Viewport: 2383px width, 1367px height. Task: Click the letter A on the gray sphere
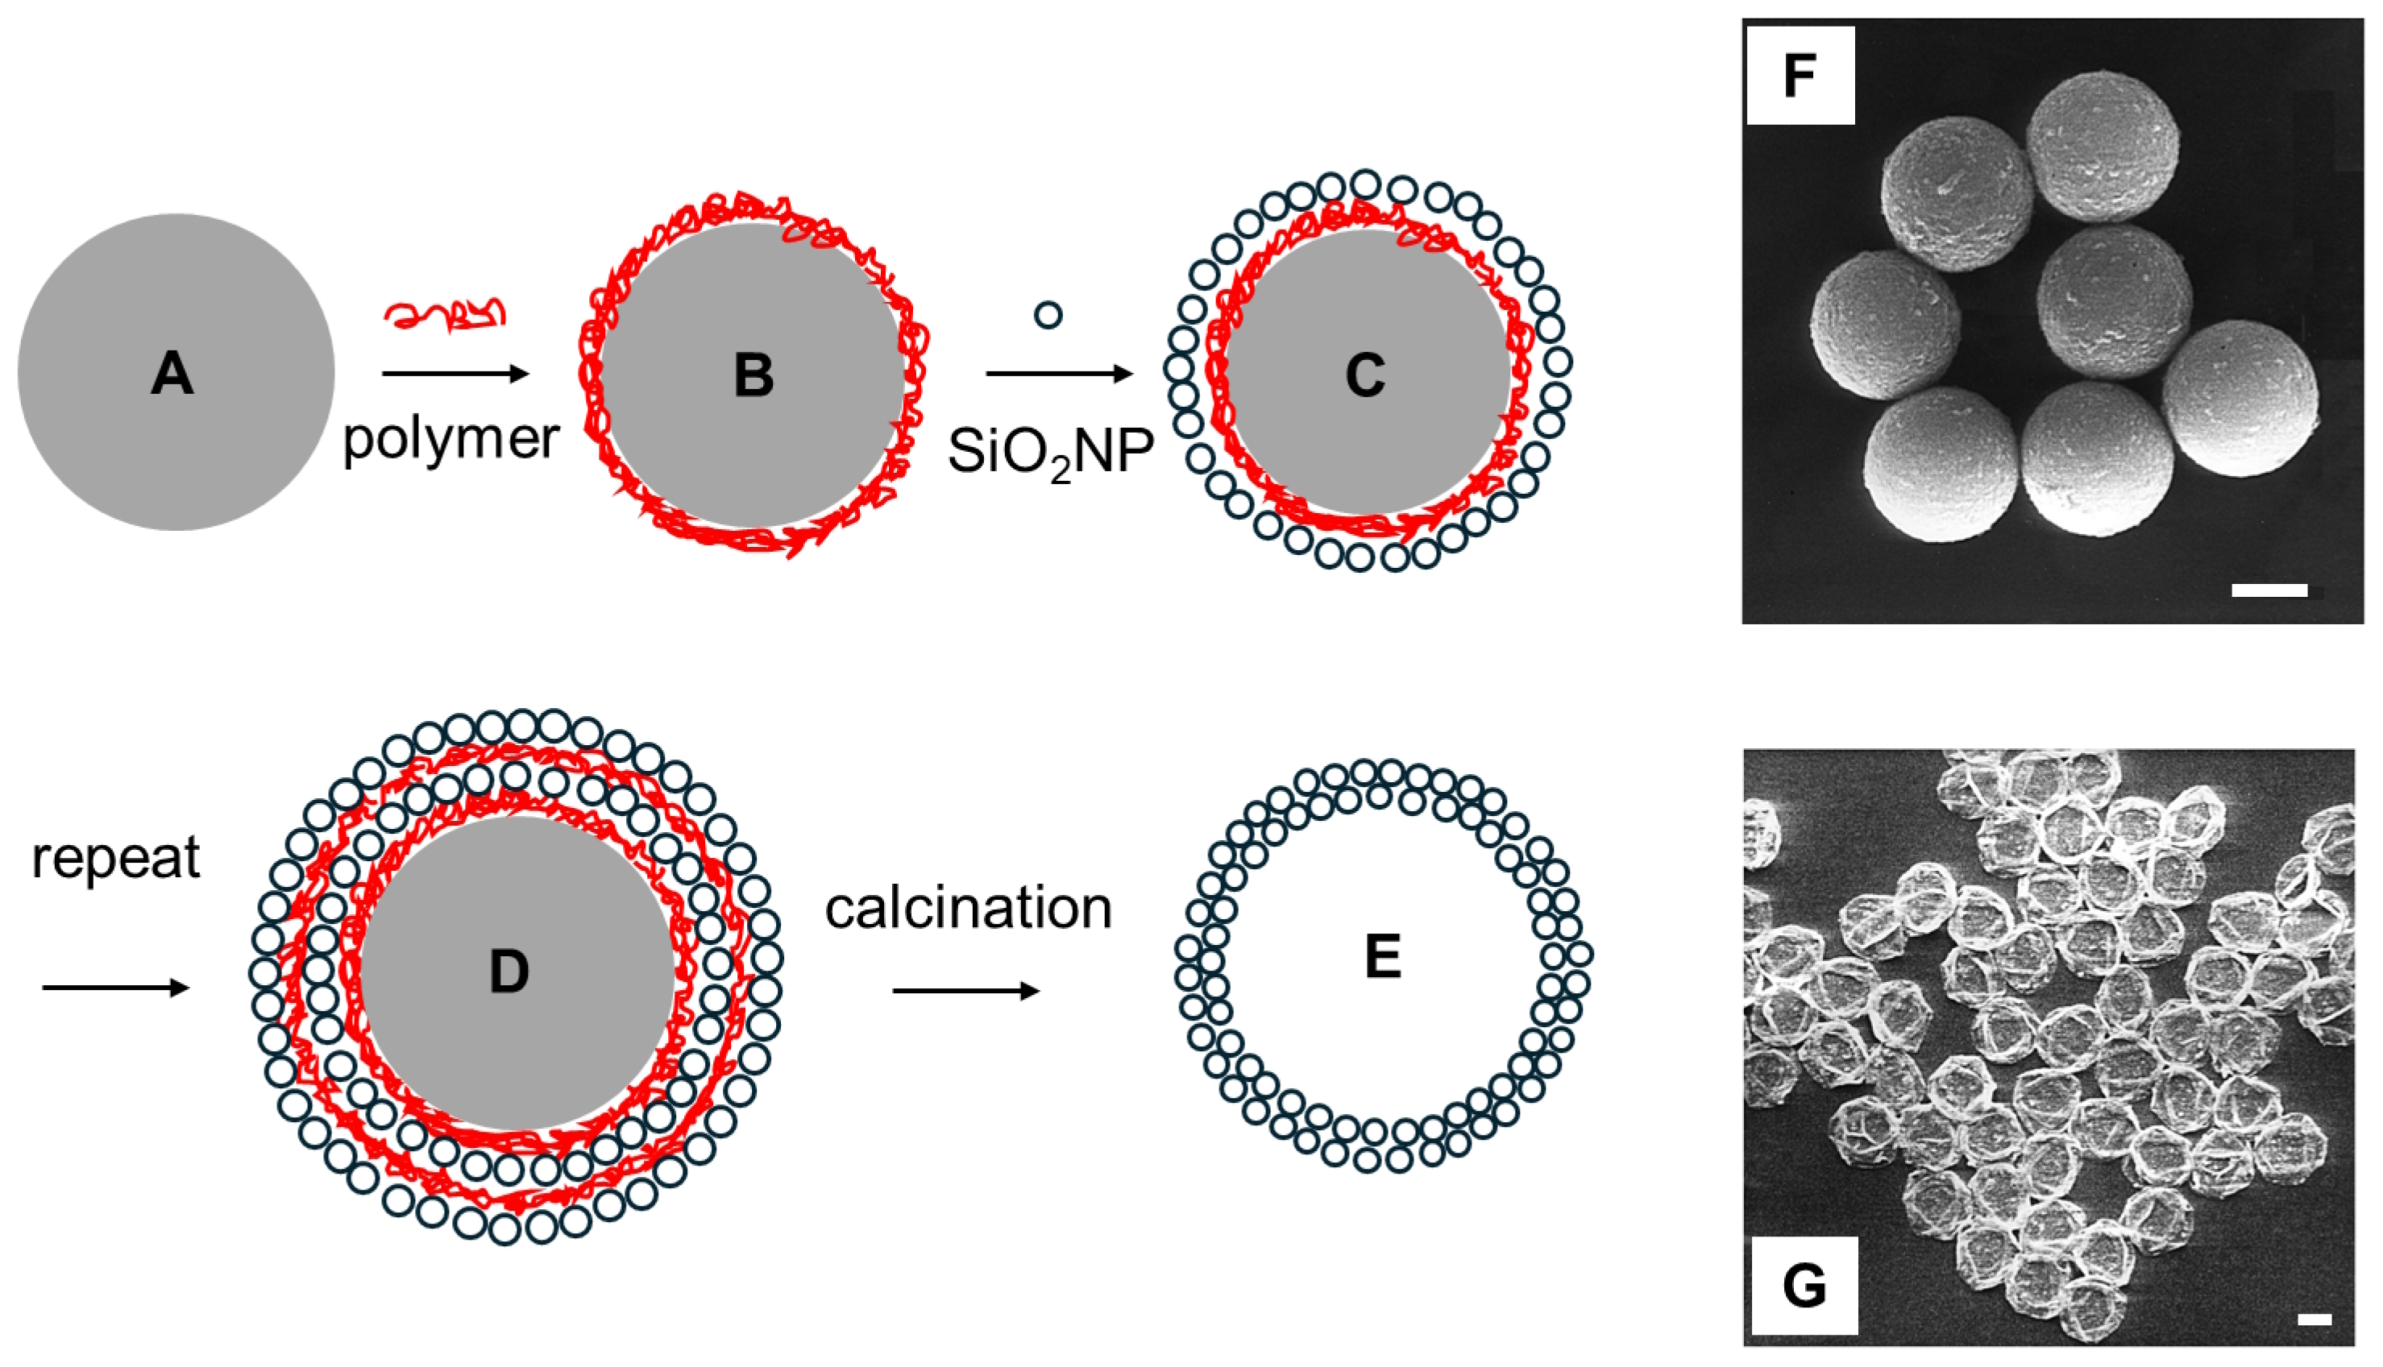(x=172, y=374)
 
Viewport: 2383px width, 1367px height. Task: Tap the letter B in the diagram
(x=754, y=375)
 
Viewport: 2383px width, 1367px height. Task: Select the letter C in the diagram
(x=1365, y=375)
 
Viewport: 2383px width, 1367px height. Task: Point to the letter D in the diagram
(x=509, y=971)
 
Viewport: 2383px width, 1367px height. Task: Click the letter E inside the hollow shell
(x=1383, y=957)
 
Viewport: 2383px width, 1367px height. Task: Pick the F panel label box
(x=1800, y=76)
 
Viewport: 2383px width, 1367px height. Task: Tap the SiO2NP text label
(x=1050, y=453)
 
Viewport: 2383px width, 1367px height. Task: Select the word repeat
(x=115, y=857)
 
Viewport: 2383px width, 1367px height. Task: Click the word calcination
(x=969, y=909)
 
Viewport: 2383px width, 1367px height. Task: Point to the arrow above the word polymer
(x=455, y=375)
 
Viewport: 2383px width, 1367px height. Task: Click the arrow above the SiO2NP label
(x=1060, y=375)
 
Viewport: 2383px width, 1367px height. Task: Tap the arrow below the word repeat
(x=115, y=988)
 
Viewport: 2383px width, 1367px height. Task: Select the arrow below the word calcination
(x=966, y=992)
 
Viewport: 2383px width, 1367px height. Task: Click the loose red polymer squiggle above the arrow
(x=445, y=314)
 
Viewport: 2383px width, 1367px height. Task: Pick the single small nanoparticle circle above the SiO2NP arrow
(x=1048, y=314)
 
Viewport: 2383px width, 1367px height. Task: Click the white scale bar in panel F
(x=2269, y=590)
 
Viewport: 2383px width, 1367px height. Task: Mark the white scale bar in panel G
(x=2314, y=1319)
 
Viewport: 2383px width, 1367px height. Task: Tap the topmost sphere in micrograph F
(x=2103, y=147)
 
